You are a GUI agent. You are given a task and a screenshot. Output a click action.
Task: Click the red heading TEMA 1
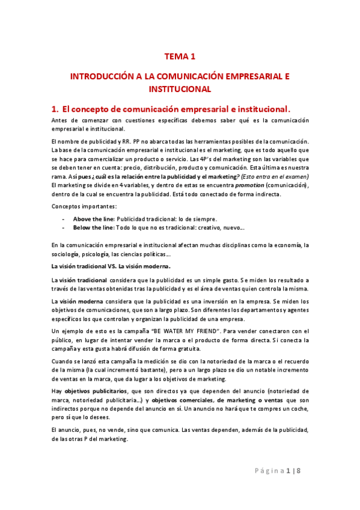point(180,57)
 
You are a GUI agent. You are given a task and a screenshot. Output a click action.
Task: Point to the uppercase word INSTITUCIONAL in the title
point(180,89)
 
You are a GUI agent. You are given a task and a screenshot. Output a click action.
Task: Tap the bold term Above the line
point(93,218)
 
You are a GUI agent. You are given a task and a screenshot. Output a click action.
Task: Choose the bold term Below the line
point(93,228)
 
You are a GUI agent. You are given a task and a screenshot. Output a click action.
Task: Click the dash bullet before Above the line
point(63,218)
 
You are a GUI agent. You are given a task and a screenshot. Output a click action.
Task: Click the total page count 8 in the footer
point(298,487)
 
